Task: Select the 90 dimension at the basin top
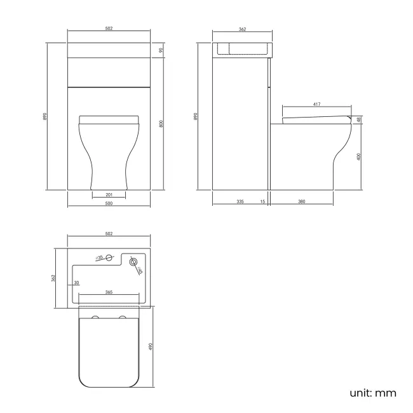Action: pos(161,50)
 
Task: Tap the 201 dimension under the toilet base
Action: pos(109,194)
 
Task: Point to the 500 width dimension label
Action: pos(109,203)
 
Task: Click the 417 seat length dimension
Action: pos(316,104)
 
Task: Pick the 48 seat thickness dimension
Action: pos(359,119)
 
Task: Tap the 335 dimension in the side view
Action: pos(240,201)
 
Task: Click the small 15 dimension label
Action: pos(262,201)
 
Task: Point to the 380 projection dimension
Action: pos(302,201)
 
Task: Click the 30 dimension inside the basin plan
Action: pos(76,282)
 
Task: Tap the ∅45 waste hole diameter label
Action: pos(139,271)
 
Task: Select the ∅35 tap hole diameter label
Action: pos(100,258)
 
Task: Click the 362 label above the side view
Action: pos(242,29)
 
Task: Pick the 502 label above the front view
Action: pos(109,29)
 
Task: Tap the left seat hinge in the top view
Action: pos(95,316)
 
